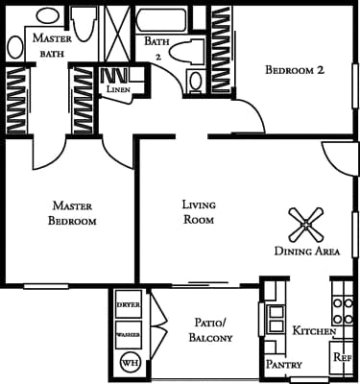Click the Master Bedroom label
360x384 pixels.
coord(73,213)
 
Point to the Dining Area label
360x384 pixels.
coord(307,252)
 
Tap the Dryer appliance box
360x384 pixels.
coord(128,305)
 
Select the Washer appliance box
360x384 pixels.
coord(128,334)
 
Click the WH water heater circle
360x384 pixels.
coord(129,363)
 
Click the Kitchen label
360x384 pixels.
coord(314,331)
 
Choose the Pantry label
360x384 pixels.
coord(283,365)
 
